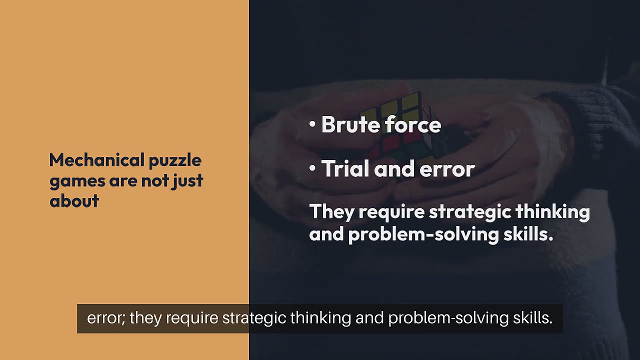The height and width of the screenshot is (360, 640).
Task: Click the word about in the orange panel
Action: [74, 201]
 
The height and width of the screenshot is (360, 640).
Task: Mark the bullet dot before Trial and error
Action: [312, 169]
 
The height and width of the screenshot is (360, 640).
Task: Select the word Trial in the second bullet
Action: [345, 168]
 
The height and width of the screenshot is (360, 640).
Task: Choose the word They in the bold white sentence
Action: [332, 212]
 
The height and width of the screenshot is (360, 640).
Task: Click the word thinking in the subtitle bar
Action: [321, 319]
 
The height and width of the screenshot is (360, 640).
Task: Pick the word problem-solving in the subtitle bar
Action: [448, 319]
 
